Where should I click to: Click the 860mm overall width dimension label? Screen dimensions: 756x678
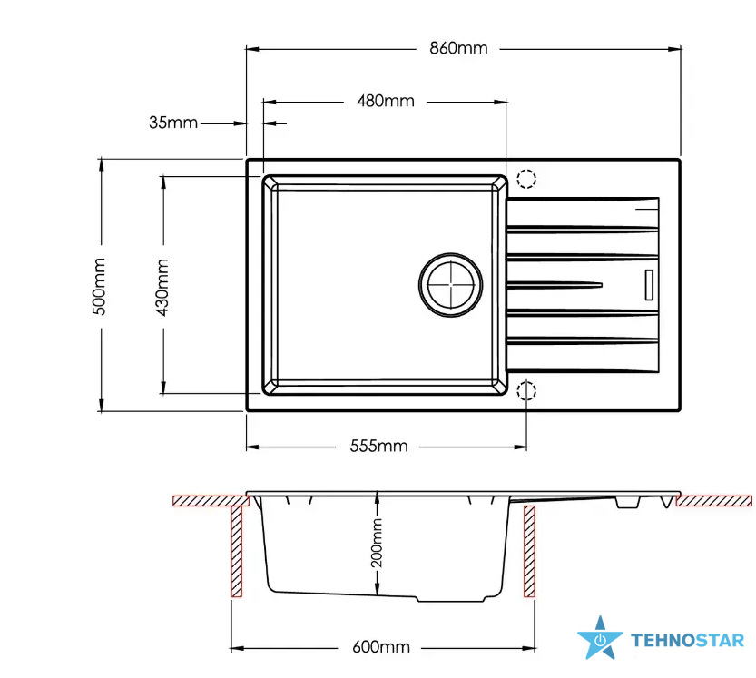pyautogui.click(x=458, y=48)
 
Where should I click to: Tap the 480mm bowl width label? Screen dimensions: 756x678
pyautogui.click(x=385, y=101)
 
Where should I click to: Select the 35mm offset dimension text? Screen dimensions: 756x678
pyautogui.click(x=173, y=123)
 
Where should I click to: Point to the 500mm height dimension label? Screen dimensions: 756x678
pyautogui.click(x=99, y=287)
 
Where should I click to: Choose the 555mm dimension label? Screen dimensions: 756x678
pyautogui.click(x=378, y=446)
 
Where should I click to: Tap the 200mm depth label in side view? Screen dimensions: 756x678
pyautogui.click(x=377, y=543)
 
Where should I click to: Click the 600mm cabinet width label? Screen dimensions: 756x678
pyautogui.click(x=381, y=646)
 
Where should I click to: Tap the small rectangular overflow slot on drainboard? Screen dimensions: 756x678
pyautogui.click(x=649, y=284)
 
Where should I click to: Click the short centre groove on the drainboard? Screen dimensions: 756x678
pyautogui.click(x=555, y=285)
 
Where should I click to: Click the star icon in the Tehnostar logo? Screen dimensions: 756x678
pyautogui.click(x=600, y=638)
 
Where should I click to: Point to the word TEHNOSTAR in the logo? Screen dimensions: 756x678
pyautogui.click(x=688, y=641)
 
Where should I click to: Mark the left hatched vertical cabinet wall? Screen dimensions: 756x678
pyautogui.click(x=236, y=551)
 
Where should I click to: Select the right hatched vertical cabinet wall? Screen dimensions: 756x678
pyautogui.click(x=529, y=551)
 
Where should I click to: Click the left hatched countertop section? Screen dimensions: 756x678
pyautogui.click(x=211, y=500)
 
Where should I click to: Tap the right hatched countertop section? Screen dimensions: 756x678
pyautogui.click(x=714, y=500)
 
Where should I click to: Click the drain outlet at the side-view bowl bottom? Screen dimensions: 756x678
pyautogui.click(x=451, y=599)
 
